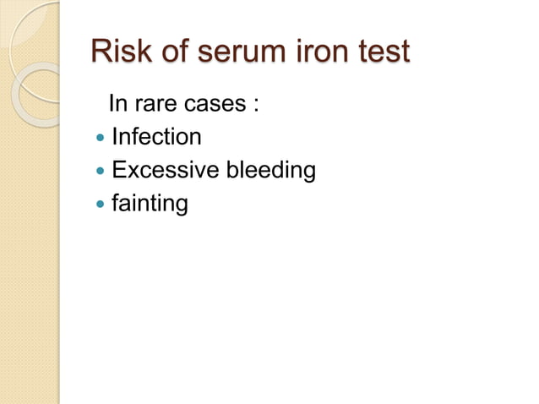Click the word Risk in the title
120,52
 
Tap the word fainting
149,205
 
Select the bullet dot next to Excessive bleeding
101,172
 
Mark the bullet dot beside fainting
101,205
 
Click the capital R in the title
101,52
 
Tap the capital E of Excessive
118,172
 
